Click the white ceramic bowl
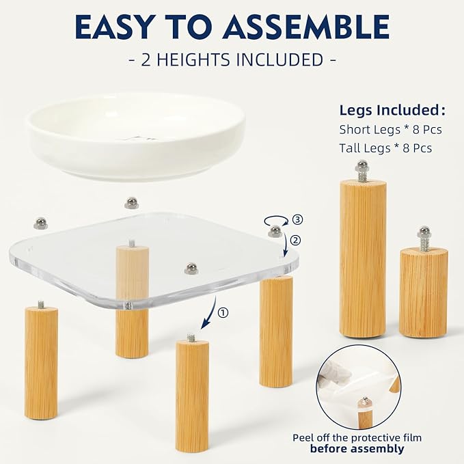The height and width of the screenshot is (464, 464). (x=136, y=137)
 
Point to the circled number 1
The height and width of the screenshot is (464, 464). (x=223, y=312)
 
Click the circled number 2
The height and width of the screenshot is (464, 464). (x=295, y=240)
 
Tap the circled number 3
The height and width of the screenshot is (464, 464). (x=297, y=219)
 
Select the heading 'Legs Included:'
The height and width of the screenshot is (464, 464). (x=392, y=111)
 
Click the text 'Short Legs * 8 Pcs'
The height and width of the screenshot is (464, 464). (x=390, y=129)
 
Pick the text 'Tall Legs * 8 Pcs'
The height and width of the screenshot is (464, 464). (x=385, y=148)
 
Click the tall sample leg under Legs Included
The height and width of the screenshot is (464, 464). (x=363, y=258)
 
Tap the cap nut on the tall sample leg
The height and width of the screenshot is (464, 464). (x=363, y=165)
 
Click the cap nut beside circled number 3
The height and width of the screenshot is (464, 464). (x=275, y=231)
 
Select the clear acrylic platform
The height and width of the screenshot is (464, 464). (x=154, y=261)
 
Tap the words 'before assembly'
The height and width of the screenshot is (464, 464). (x=357, y=448)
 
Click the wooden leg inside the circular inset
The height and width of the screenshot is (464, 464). (x=366, y=413)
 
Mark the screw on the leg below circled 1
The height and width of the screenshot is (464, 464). (x=191, y=337)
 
